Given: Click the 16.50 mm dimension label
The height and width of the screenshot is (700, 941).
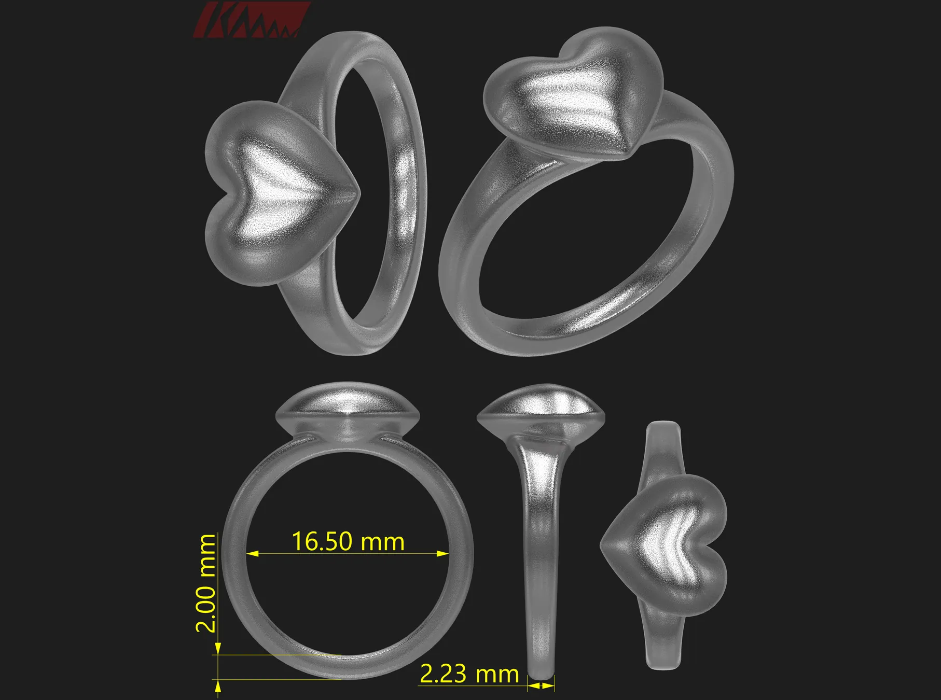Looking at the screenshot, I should click(x=348, y=542).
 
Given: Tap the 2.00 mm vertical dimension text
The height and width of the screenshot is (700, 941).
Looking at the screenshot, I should click(x=206, y=583).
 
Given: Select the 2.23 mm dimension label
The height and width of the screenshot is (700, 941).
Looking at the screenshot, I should click(x=469, y=674).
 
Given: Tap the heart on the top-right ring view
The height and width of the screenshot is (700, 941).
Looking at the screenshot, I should click(x=573, y=96).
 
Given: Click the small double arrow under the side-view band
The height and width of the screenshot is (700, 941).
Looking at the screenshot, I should click(x=541, y=685).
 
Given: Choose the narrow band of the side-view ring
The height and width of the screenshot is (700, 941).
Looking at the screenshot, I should click(x=541, y=570).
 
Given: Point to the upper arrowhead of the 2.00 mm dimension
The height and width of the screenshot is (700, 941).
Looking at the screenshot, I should click(x=218, y=648).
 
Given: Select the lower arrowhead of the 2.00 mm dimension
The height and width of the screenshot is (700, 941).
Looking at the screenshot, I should click(x=218, y=685).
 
